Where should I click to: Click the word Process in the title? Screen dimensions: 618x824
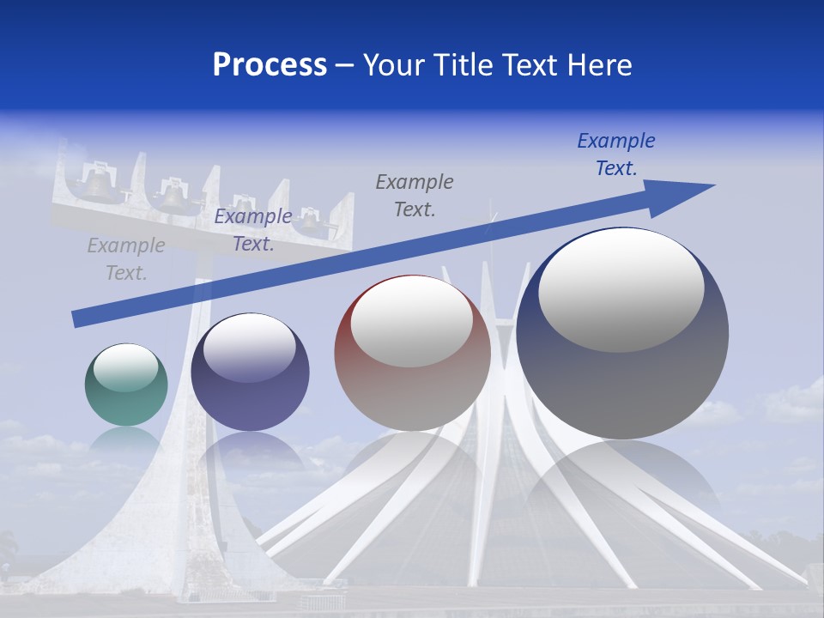pyautogui.click(x=270, y=65)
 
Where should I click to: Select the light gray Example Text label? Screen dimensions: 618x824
pyautogui.click(x=125, y=259)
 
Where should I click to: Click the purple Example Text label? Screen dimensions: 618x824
pyautogui.click(x=253, y=230)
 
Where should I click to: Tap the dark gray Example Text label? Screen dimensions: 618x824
pyautogui.click(x=415, y=196)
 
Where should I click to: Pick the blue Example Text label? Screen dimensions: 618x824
pyautogui.click(x=616, y=154)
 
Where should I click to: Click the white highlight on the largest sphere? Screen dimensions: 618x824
pyautogui.click(x=621, y=291)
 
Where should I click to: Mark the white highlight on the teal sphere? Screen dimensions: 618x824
pyautogui.click(x=125, y=367)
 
